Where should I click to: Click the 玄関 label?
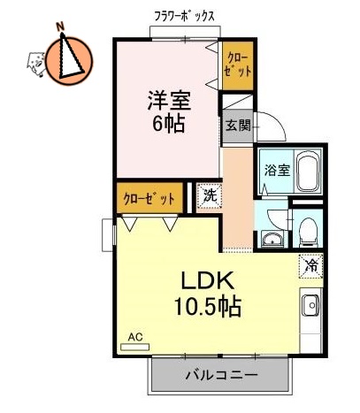237,126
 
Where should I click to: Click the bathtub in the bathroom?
308,172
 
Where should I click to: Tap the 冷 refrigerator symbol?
310,264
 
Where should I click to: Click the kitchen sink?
311,308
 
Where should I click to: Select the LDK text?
208,281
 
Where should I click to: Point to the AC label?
135,337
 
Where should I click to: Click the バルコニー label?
221,375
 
